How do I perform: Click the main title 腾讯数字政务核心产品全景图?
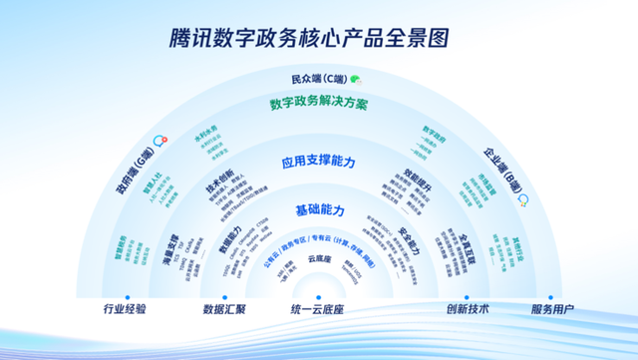pos(318,38)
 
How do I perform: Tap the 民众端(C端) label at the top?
pos(312,79)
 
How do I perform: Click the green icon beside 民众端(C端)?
pos(355,79)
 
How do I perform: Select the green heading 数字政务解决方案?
pos(319,103)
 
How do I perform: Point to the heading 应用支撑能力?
pos(319,160)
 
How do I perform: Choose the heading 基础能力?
pos(319,211)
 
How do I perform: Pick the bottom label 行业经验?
pos(125,309)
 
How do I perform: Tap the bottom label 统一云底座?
pos(318,309)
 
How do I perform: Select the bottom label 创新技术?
pos(466,309)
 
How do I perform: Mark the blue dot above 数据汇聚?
pos(224,296)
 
